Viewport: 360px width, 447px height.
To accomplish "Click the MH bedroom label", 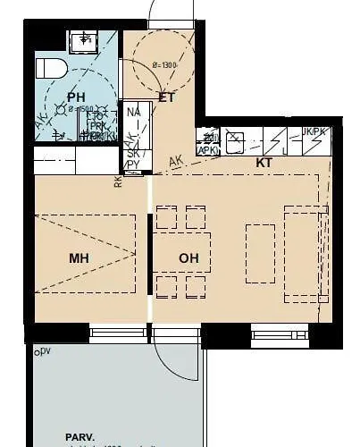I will pyautogui.click(x=80, y=258).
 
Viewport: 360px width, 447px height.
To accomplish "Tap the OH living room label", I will pyautogui.click(x=188, y=258).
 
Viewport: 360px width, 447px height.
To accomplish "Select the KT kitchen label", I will pyautogui.click(x=264, y=164).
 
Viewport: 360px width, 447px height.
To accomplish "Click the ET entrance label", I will pyautogui.click(x=165, y=97).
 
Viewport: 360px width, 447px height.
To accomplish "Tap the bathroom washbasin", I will pyautogui.click(x=86, y=39).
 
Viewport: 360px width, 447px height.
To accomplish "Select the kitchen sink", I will pyautogui.click(x=235, y=141).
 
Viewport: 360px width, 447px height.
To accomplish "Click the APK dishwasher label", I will pyautogui.click(x=207, y=150).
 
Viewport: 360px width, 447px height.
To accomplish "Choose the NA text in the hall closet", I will pyautogui.click(x=134, y=113).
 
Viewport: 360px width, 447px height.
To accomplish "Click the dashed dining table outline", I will pyautogui.click(x=182, y=251).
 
